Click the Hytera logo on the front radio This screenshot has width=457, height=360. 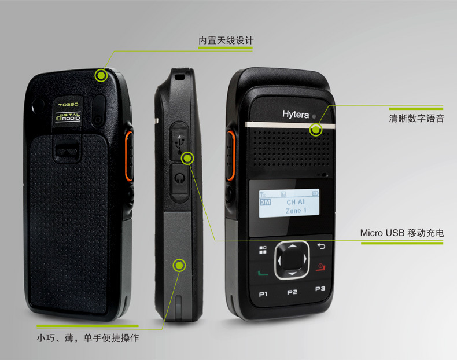296,114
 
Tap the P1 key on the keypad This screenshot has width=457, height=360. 263,295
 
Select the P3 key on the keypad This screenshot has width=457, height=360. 320,289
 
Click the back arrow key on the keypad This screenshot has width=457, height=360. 321,247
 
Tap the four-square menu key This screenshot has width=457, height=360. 263,250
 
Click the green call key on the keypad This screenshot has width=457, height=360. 263,273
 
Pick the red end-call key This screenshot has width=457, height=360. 320,267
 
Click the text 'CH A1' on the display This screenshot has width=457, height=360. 296,202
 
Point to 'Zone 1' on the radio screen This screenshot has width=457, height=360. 296,211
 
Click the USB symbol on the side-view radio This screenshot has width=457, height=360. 179,143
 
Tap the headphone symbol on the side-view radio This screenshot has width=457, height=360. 179,178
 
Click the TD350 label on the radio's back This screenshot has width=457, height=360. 68,105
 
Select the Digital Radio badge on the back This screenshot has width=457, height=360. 68,117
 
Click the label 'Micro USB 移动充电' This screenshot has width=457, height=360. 402,233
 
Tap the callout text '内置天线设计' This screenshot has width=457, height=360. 226,41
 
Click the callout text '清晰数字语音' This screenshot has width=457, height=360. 416,118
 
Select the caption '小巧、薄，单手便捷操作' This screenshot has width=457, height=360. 88,338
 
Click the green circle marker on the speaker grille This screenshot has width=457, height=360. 316,130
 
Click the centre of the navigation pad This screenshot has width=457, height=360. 292,259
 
